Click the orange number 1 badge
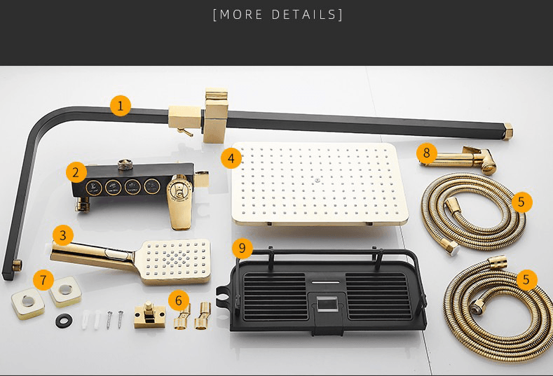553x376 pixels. click(x=121, y=105)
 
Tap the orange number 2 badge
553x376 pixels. click(x=76, y=173)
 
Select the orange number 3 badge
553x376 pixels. click(x=63, y=235)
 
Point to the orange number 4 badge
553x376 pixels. click(x=231, y=158)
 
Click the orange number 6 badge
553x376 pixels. click(x=179, y=300)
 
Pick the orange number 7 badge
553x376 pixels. click(x=43, y=280)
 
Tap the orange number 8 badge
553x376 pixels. click(x=427, y=153)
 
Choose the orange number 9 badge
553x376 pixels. click(x=243, y=248)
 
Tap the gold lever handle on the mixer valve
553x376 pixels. click(x=180, y=202)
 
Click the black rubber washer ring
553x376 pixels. click(x=64, y=321)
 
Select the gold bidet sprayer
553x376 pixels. click(x=458, y=160)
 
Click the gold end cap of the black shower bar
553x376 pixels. click(x=507, y=131)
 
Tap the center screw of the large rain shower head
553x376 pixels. click(x=318, y=180)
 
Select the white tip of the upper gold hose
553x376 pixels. click(x=454, y=250)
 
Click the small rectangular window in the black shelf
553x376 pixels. click(x=327, y=304)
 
